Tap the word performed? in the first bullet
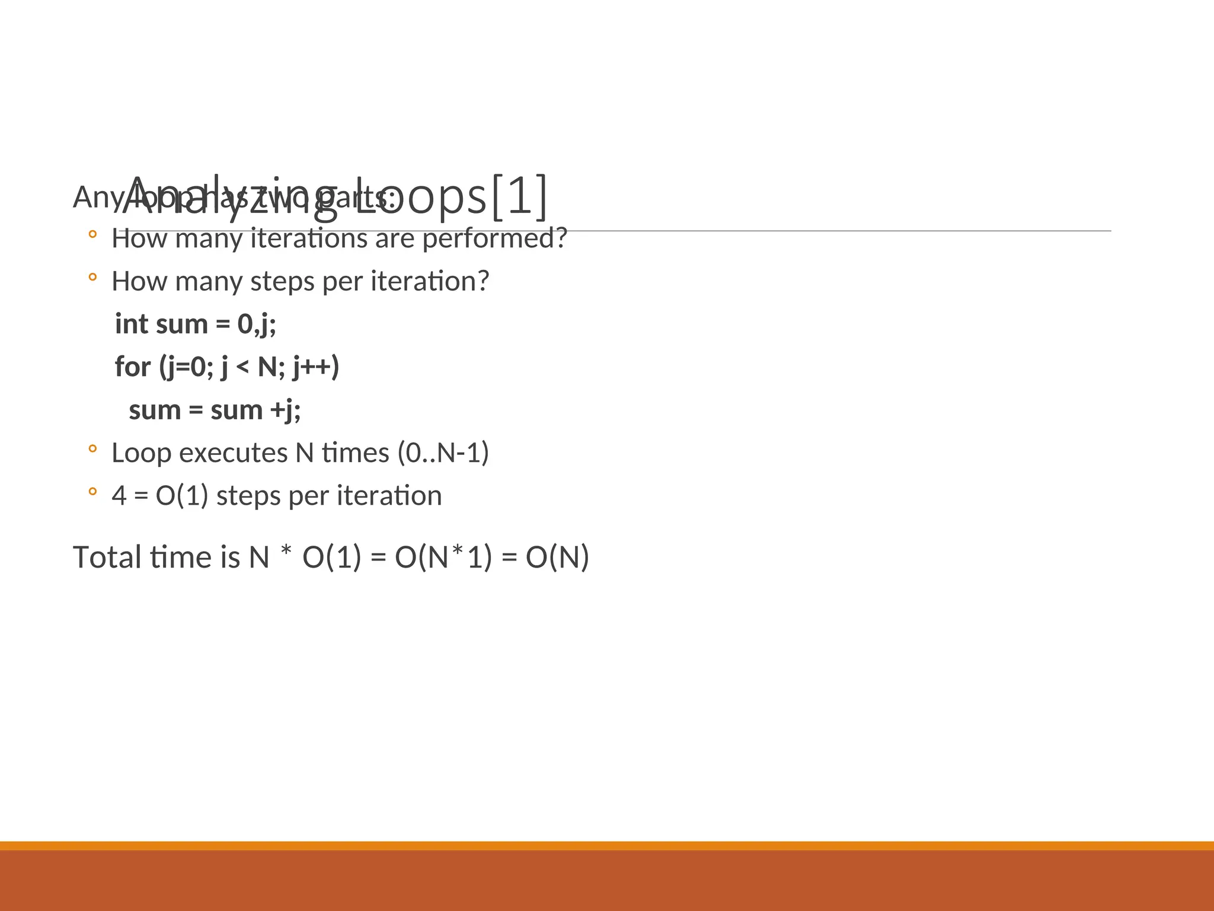[x=494, y=238]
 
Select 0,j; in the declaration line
[x=257, y=324]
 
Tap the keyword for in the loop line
[x=133, y=367]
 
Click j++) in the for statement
[x=316, y=367]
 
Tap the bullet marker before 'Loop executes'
[x=92, y=449]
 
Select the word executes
[x=233, y=453]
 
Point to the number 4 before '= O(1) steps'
[x=119, y=496]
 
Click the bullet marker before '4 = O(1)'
[x=92, y=492]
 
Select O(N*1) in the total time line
[x=443, y=558]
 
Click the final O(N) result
[x=557, y=558]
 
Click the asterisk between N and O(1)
[x=286, y=553]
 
